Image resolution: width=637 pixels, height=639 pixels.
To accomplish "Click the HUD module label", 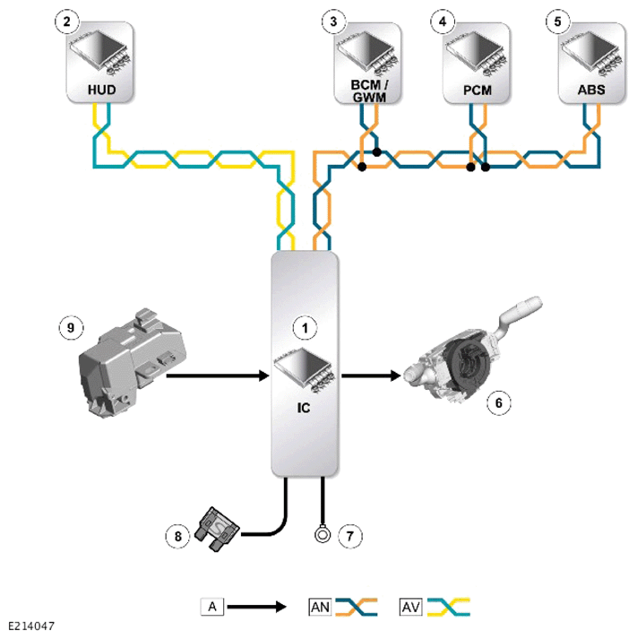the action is [102, 90].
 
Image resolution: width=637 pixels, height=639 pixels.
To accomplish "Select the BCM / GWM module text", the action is [369, 91].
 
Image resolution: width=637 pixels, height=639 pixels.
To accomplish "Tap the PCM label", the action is [478, 90].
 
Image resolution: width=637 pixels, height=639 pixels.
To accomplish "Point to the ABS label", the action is [591, 90].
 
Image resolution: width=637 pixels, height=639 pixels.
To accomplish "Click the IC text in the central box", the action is [304, 408].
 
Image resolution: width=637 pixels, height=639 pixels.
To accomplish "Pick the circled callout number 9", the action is [71, 328].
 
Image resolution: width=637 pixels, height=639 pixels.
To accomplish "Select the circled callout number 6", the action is [499, 403].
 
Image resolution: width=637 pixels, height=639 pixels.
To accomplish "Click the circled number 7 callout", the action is [350, 536].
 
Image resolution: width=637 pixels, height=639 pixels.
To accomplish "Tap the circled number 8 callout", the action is [177, 536].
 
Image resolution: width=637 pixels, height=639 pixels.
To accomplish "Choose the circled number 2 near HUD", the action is [67, 22].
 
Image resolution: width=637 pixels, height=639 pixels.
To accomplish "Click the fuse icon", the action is [217, 530].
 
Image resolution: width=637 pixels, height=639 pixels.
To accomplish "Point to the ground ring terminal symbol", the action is [323, 534].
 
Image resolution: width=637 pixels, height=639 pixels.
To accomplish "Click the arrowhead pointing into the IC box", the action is [264, 376].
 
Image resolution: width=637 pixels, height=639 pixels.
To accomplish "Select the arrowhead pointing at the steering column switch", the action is [395, 376].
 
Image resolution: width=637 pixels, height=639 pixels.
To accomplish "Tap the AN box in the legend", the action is [320, 608].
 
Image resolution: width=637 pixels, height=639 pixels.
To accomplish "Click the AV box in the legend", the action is [411, 608].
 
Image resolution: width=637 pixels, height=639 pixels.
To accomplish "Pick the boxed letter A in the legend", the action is [212, 607].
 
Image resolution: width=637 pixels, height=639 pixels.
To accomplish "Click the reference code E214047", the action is [31, 626].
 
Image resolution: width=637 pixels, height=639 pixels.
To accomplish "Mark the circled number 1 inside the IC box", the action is [305, 328].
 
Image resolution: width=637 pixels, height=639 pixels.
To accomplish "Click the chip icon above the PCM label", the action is [476, 53].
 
